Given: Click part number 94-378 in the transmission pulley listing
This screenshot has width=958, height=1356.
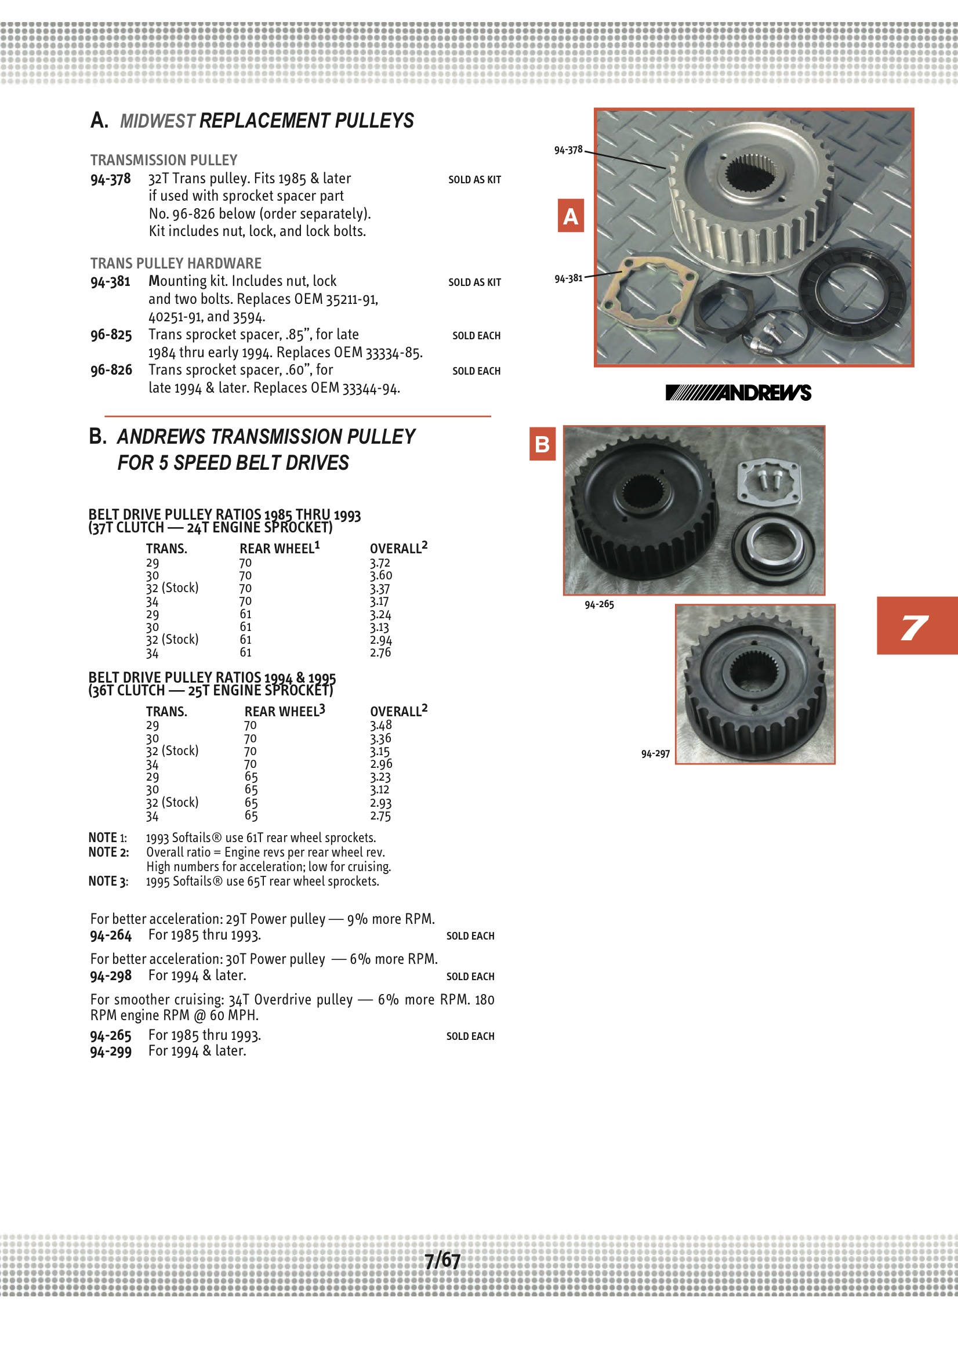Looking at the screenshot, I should [x=110, y=179].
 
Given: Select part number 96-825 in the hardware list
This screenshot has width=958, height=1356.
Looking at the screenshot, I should [x=111, y=335].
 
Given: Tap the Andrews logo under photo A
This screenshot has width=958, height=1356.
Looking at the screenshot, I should [x=738, y=393].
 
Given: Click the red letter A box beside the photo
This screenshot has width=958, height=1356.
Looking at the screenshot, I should [x=571, y=216].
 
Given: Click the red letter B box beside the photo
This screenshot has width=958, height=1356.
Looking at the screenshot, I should [x=542, y=444].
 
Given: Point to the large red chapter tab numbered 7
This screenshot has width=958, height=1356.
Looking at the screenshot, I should [x=917, y=625].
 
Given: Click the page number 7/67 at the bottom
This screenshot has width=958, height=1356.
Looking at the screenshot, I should [x=442, y=1260].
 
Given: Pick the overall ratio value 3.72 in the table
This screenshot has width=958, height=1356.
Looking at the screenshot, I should [x=380, y=563].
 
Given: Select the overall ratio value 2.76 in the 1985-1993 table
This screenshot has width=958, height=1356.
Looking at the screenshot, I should [x=380, y=652].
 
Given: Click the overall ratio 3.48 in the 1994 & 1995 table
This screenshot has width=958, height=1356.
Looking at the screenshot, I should [x=381, y=725].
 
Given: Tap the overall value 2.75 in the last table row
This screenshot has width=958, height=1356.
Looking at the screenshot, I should [x=380, y=815].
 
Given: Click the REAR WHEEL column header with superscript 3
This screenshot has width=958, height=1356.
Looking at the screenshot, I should [x=285, y=711].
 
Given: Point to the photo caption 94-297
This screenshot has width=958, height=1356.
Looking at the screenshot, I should [x=655, y=753].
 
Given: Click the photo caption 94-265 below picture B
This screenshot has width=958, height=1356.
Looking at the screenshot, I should [x=599, y=604].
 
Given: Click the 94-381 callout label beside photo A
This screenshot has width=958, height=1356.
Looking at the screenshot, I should [x=568, y=278].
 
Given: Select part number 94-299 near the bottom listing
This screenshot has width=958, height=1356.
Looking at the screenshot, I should [x=110, y=1052].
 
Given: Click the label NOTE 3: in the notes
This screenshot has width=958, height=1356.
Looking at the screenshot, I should [x=108, y=881].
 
